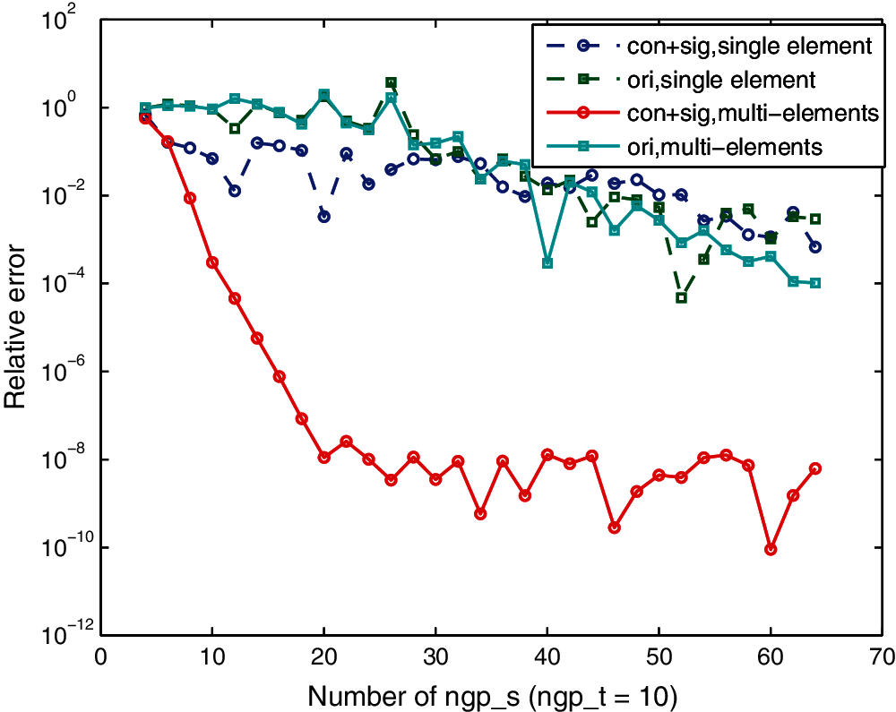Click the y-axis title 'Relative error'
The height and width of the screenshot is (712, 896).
coord(20,327)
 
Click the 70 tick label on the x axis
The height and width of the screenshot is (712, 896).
coord(882,656)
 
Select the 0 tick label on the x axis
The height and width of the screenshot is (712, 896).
coord(100,656)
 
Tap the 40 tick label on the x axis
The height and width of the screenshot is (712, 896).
coord(547,656)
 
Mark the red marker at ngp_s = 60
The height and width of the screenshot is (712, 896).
coord(771,549)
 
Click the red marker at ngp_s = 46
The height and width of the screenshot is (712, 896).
coord(614,528)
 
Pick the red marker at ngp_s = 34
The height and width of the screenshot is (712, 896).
coord(480,513)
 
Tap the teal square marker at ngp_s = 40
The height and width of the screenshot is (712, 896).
coord(547,262)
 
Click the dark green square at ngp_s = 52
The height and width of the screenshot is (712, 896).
coord(681,297)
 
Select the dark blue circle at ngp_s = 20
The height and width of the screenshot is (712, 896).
coord(323,217)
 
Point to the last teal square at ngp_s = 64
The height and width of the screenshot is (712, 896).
coord(815,283)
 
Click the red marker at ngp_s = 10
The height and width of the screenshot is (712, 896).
coord(212,262)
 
